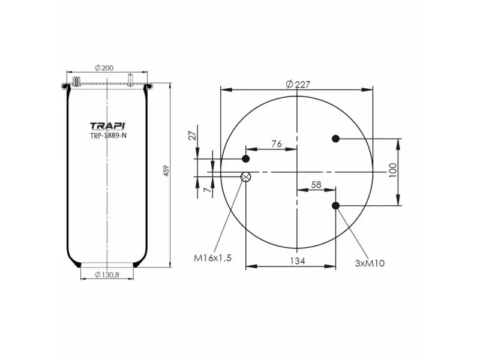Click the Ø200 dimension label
(x=104, y=67)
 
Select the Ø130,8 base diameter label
(x=107, y=275)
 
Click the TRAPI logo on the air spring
(x=107, y=125)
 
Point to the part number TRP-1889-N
(x=107, y=136)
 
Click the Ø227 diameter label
(x=298, y=84)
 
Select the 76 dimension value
(x=277, y=143)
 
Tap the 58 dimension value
(x=316, y=185)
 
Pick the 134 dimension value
(x=298, y=261)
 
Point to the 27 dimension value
(x=193, y=135)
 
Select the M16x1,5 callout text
(x=212, y=258)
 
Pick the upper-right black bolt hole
(x=336, y=139)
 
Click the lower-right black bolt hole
(x=336, y=206)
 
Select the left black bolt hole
(x=245, y=158)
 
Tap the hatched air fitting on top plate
(x=76, y=82)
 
